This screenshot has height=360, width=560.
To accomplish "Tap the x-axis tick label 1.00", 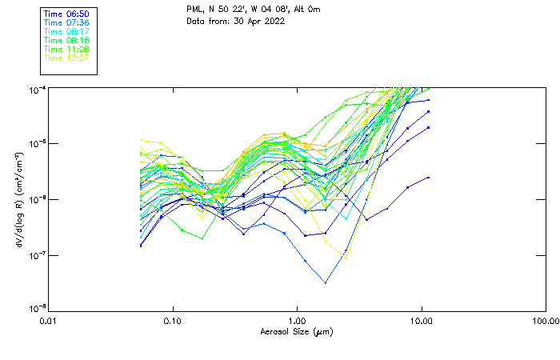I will tap(297, 322).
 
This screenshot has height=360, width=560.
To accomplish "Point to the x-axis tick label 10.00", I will tap(421, 322).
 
